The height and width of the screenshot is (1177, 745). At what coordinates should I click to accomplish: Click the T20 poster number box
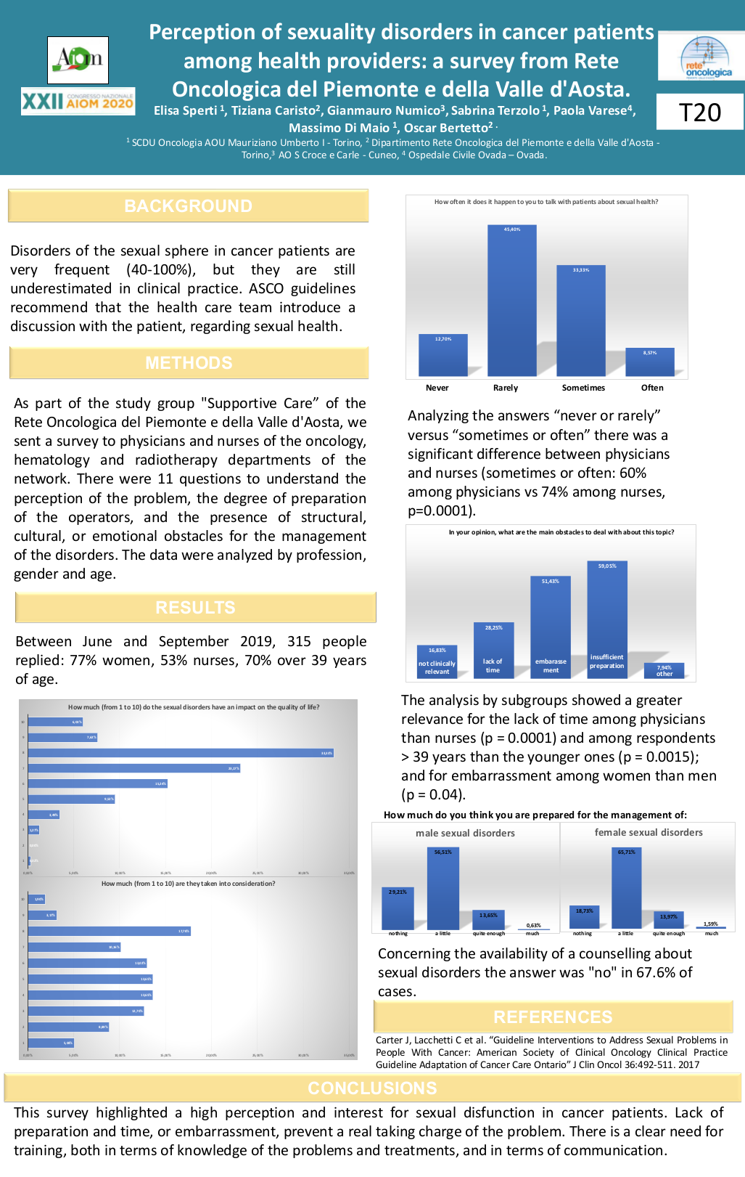click(x=699, y=112)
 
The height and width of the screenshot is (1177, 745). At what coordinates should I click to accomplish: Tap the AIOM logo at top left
click(x=78, y=60)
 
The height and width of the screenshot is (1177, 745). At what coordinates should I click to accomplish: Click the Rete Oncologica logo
click(x=701, y=57)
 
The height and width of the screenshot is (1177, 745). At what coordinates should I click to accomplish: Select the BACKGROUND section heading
click(x=188, y=206)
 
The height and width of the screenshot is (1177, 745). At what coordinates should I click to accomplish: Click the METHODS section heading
click(x=189, y=363)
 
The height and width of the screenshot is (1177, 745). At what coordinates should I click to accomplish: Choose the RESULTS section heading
click(x=195, y=608)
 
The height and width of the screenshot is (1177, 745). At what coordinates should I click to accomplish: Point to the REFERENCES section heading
click(x=553, y=1017)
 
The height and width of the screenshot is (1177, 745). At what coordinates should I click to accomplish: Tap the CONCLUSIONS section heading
click(x=372, y=1088)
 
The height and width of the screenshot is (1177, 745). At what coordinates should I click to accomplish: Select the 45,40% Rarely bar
click(x=511, y=301)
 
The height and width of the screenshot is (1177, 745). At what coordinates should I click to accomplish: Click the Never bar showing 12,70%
click(x=443, y=355)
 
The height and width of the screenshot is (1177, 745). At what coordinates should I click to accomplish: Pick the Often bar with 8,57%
click(x=649, y=362)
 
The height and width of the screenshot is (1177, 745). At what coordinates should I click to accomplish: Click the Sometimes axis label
click(x=583, y=388)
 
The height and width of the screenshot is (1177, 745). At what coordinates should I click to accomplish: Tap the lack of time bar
click(x=493, y=650)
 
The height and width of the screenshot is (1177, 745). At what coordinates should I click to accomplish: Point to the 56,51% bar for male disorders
click(x=443, y=888)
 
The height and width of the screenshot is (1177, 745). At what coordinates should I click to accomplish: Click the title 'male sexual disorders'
click(x=465, y=833)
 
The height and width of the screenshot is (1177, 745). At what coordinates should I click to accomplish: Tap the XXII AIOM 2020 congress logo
click(x=78, y=102)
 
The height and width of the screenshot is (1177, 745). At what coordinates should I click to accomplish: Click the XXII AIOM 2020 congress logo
click(x=78, y=102)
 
